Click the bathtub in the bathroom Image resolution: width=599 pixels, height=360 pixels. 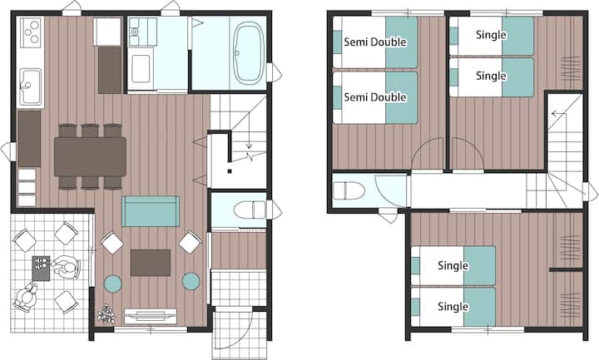tap(249, 53)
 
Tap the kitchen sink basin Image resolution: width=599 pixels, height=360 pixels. tap(30, 86)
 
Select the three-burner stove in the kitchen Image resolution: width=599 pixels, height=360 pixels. tap(30, 32)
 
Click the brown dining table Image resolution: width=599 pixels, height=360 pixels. tap(90, 156)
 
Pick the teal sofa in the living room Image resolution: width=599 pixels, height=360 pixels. tap(151, 211)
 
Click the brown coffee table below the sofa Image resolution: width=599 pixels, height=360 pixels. tap(151, 263)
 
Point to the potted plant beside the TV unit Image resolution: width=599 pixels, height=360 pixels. tap(106, 314)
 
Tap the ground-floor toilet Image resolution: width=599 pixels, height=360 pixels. tap(250, 210)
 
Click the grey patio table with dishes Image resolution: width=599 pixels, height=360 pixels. tap(41, 268)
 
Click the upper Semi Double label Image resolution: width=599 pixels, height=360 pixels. tap(375, 42)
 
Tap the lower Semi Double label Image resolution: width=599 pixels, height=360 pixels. tap(375, 97)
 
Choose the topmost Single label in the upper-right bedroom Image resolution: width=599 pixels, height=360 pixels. tap(492, 35)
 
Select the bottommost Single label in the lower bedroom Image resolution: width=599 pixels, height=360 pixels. tap(453, 306)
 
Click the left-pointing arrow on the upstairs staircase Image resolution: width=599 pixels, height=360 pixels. tap(558, 113)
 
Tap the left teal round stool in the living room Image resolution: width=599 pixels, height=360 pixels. tap(113, 283)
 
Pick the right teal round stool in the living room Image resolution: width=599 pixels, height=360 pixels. tap(191, 281)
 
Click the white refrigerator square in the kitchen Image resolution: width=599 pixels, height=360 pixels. tap(107, 32)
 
